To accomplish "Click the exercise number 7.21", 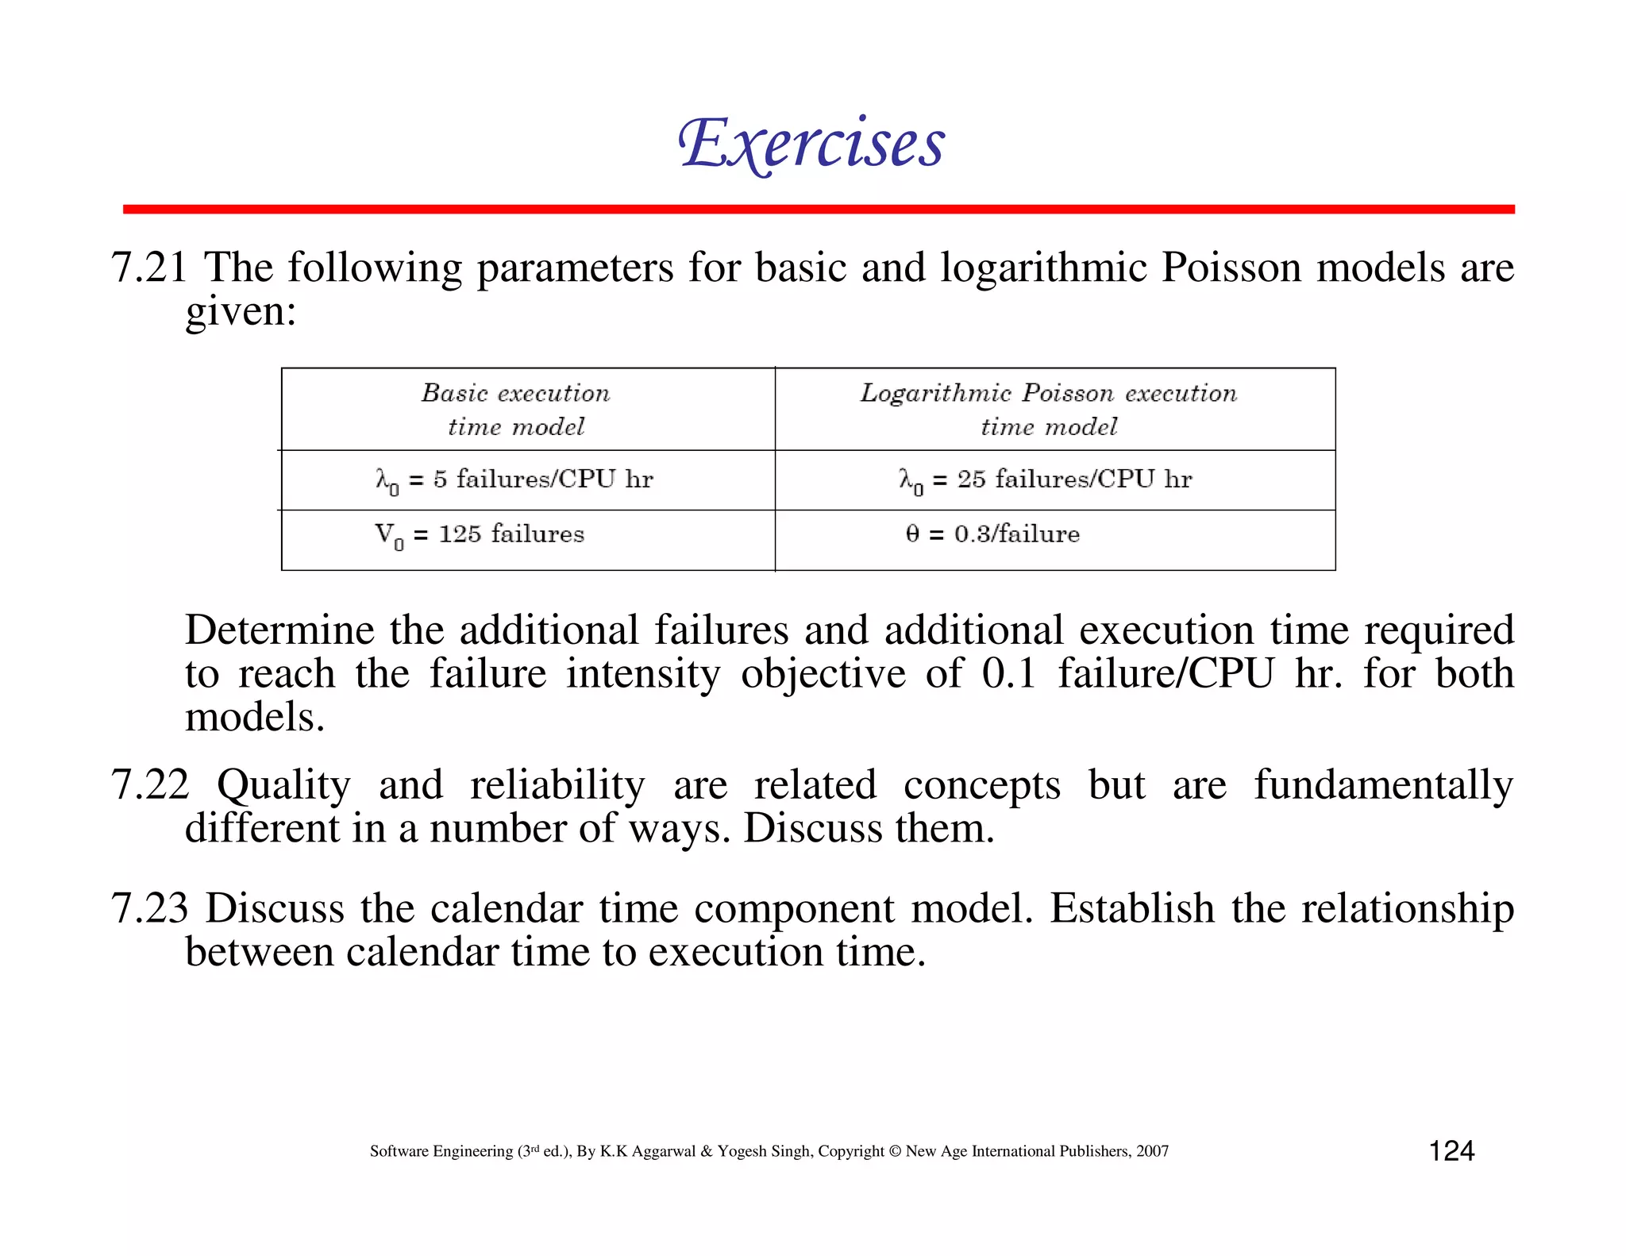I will [x=149, y=268].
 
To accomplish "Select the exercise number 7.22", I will [x=150, y=784].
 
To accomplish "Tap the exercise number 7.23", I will [x=150, y=908].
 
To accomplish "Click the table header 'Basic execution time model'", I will [x=516, y=410].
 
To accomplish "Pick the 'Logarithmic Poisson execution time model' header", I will [x=1049, y=410].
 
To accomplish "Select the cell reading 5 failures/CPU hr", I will [x=514, y=480].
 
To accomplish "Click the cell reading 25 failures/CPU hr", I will [x=1046, y=480].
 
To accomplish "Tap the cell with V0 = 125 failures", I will [x=480, y=534].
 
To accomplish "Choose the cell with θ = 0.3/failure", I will [x=992, y=534].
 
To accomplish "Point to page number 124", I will [x=1451, y=1151].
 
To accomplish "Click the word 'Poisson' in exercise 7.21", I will [x=1231, y=268].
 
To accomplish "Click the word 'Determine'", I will [x=279, y=630].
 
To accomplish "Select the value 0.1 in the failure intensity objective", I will [x=1009, y=674].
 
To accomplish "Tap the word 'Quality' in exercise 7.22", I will [x=283, y=786].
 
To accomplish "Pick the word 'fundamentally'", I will [x=1384, y=786].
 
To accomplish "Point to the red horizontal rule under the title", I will [x=819, y=210].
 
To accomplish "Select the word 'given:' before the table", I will [x=241, y=311].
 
